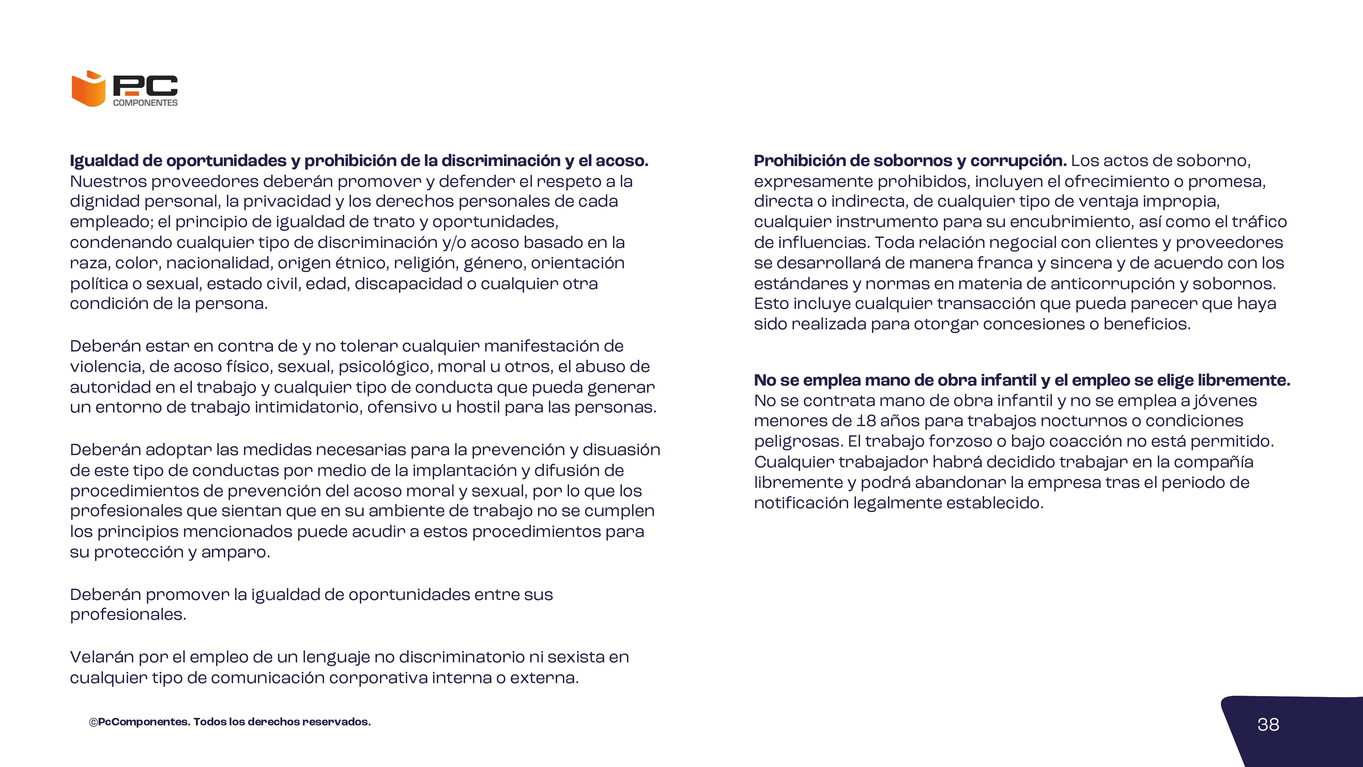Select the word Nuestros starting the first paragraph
click(108, 182)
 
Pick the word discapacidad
click(408, 284)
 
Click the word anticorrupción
click(1112, 284)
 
